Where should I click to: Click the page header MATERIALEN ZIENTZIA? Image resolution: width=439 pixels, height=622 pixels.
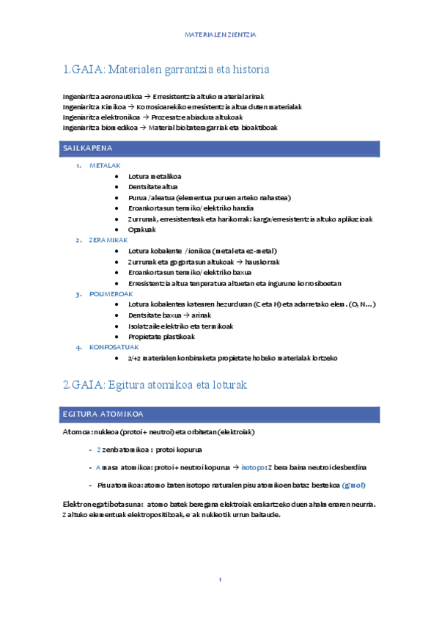point(220,34)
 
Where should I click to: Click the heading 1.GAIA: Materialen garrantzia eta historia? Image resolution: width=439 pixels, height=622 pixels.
point(166,70)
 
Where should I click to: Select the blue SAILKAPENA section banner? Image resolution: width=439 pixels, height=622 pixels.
point(221,148)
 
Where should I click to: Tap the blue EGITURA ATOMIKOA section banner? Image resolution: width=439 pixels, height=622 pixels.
point(221,414)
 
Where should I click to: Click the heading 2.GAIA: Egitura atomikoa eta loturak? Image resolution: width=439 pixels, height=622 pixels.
point(155,385)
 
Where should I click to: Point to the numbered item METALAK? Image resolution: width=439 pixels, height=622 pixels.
point(105,166)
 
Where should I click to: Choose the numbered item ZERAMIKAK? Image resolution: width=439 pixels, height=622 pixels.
point(108,240)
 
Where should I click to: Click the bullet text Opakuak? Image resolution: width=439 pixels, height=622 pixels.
point(142,229)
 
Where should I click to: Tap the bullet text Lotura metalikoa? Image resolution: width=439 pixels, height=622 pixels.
point(155,176)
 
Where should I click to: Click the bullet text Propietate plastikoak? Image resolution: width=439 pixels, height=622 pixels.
point(161,337)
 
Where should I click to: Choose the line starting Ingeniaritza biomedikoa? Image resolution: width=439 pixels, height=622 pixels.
point(170,128)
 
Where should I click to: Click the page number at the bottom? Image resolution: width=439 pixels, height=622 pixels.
point(220,580)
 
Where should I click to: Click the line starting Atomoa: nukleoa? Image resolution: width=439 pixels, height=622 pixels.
point(158,432)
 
